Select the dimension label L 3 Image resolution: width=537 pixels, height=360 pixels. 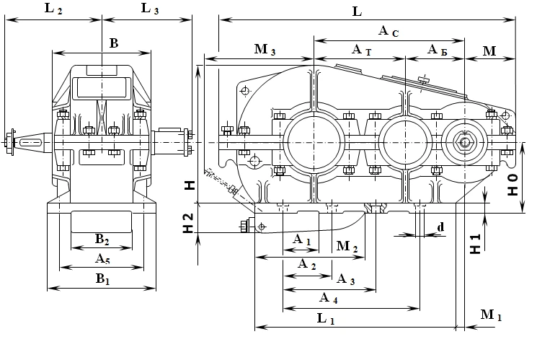tap(151, 9)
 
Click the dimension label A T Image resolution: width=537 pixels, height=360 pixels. tap(361, 50)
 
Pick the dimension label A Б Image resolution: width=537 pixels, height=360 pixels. tap(437, 50)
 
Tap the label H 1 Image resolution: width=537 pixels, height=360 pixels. tap(475, 244)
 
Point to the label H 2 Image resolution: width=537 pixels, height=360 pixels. tap(188, 224)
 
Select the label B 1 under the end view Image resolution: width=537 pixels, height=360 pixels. tap(102, 278)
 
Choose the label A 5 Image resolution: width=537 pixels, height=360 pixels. tap(102, 258)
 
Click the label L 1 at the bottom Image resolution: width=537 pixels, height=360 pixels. tap(326, 318)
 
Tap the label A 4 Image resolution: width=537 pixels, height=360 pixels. tap(326, 298)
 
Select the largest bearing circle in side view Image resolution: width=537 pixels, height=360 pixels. tap(314, 141)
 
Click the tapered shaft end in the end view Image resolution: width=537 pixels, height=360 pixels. tap(27, 142)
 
